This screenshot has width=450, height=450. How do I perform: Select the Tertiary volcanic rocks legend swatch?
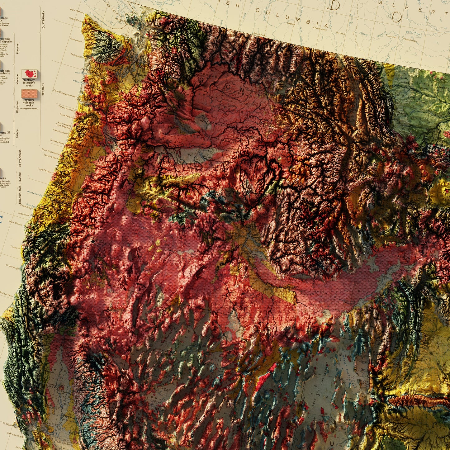point(30,93)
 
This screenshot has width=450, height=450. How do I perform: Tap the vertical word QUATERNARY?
point(43,20)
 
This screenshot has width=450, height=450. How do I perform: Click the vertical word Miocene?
point(18,79)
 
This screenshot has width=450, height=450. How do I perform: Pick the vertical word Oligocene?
point(18,106)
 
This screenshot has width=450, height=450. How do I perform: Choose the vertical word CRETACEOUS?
point(21,158)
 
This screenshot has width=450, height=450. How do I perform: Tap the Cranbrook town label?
point(320,28)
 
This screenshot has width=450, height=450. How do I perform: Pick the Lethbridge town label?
point(410,40)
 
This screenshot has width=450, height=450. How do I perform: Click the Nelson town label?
point(291,24)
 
